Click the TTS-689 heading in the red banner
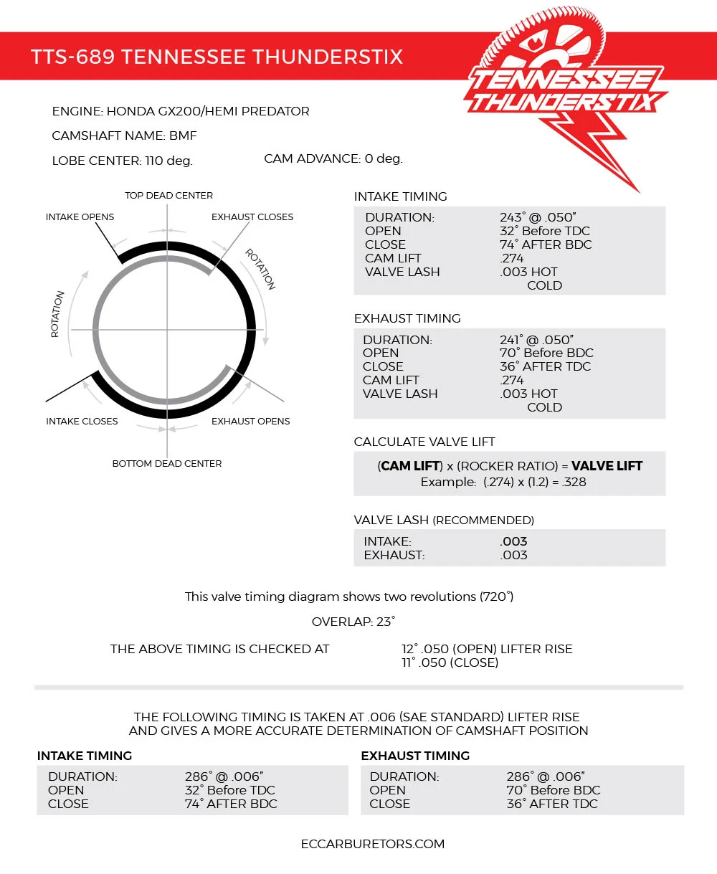(x=217, y=57)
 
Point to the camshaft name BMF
(x=183, y=136)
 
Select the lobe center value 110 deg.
(x=168, y=161)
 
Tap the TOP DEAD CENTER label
(x=168, y=195)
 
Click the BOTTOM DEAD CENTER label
(x=167, y=463)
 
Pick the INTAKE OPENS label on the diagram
(x=80, y=217)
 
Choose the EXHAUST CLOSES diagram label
(x=252, y=217)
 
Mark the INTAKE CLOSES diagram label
(x=82, y=421)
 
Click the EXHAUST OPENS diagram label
(x=251, y=421)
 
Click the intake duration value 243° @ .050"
(x=538, y=217)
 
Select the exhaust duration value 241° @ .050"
(x=538, y=339)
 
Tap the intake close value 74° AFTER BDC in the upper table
(x=546, y=244)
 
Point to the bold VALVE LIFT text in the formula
(x=607, y=466)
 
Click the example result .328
(x=575, y=482)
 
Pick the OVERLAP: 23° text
(x=353, y=622)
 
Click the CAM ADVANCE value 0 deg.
(x=384, y=158)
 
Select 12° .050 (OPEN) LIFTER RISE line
(x=487, y=649)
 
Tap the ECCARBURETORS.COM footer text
(x=373, y=844)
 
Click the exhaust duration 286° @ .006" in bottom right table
(x=545, y=776)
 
